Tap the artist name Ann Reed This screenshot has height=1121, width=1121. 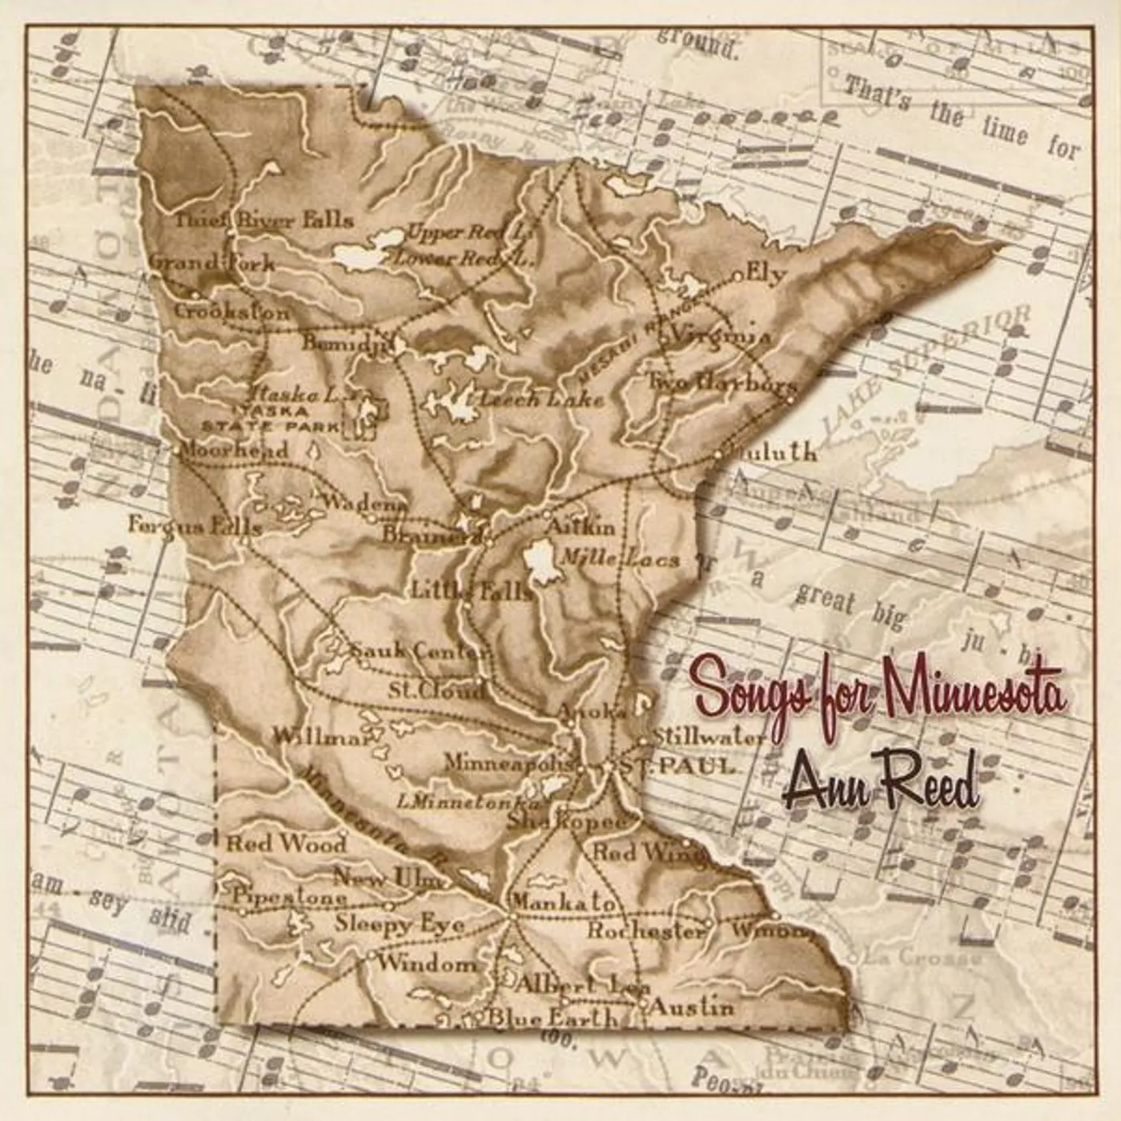click(x=881, y=785)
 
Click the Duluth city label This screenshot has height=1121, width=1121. click(x=773, y=452)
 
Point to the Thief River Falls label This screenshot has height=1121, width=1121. click(x=264, y=220)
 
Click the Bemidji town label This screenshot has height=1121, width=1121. click(x=344, y=343)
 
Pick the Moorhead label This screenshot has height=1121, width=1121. click(x=234, y=449)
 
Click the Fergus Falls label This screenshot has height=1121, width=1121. click(x=195, y=525)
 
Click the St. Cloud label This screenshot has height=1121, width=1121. click(x=436, y=689)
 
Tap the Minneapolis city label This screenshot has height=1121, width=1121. click(x=509, y=762)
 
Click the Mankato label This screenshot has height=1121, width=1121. click(x=564, y=902)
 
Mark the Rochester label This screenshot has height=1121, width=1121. click(x=645, y=930)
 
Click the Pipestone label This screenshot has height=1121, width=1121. click(x=290, y=897)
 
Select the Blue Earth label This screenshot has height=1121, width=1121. click(x=552, y=1018)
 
